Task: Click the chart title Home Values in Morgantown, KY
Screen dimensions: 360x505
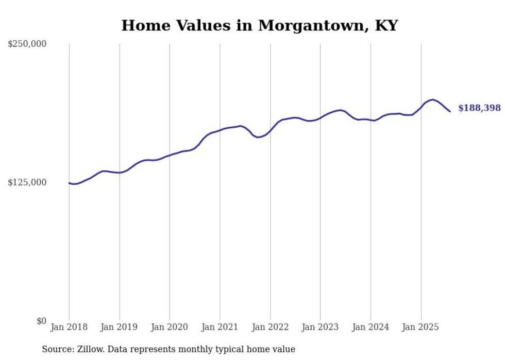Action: tap(259, 25)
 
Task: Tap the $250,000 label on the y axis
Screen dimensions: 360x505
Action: tap(27, 44)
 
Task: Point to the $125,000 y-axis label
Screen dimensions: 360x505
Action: tap(27, 183)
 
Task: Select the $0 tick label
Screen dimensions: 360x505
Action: tap(41, 321)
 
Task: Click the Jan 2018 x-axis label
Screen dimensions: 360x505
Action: tap(69, 327)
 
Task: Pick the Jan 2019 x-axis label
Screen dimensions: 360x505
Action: tap(120, 327)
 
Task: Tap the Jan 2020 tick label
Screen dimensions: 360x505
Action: tap(170, 327)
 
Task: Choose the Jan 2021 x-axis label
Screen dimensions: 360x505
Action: tap(220, 327)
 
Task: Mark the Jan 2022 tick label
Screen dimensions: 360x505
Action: tap(270, 327)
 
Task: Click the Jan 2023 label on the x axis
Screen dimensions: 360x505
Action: tap(321, 327)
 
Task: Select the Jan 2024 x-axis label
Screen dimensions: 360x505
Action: tap(371, 327)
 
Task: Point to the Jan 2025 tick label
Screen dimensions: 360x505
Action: tap(421, 327)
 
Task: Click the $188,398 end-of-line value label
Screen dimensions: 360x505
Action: tap(479, 108)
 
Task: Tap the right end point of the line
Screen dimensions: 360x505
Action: tap(450, 111)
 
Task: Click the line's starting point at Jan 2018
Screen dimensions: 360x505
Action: tap(69, 183)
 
